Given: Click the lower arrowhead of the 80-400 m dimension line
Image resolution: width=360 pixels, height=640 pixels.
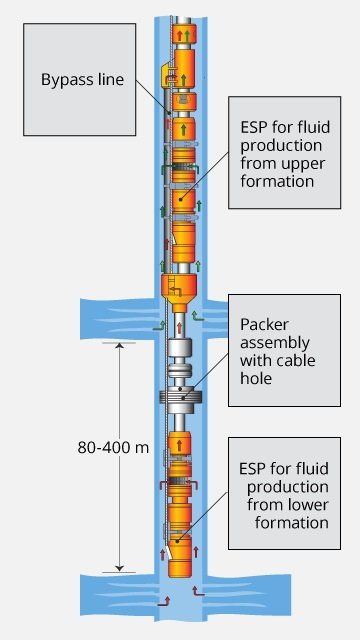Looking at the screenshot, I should pos(119,569).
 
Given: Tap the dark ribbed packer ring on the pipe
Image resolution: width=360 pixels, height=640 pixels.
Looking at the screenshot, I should pos(180,397).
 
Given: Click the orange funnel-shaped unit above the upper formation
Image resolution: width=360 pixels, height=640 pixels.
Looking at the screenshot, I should pos(180,288).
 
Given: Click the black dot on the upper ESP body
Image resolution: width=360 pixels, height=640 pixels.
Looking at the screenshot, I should pos(181,199).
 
